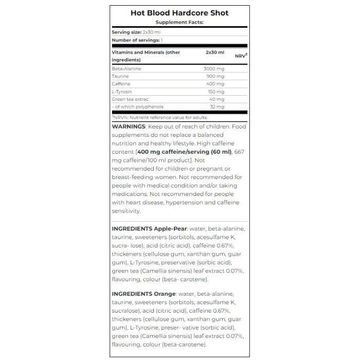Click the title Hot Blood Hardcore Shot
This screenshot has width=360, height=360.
179,13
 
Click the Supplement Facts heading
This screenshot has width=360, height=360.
179,22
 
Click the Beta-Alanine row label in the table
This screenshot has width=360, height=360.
127,68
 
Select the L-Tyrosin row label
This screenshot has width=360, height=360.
122,92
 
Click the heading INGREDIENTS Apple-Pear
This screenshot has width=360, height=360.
150,228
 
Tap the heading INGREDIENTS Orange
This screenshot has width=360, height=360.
143,294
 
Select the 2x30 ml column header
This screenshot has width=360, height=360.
215,52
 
